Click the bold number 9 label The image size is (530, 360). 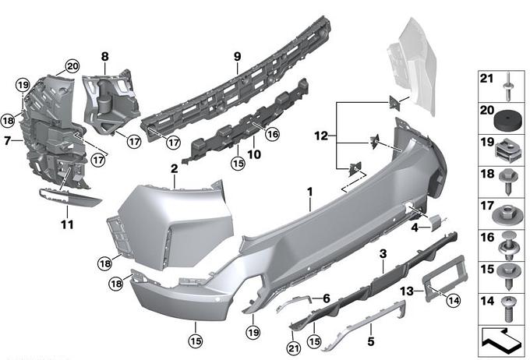[x=237, y=56]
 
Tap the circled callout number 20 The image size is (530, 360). [x=72, y=66]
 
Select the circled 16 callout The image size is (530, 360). [x=273, y=134]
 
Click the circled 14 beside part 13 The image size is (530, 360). [x=454, y=300]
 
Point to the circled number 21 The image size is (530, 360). [x=293, y=348]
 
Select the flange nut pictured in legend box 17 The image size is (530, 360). [x=507, y=215]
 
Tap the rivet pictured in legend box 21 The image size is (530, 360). [x=508, y=86]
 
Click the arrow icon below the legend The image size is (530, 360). [x=502, y=341]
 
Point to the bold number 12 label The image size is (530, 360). [x=321, y=136]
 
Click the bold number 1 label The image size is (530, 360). [x=310, y=192]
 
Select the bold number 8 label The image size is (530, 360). [x=104, y=56]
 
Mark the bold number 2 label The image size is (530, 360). [x=174, y=168]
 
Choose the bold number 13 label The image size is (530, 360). [x=407, y=291]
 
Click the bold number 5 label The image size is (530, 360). [x=371, y=341]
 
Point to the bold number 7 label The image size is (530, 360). [x=8, y=140]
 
